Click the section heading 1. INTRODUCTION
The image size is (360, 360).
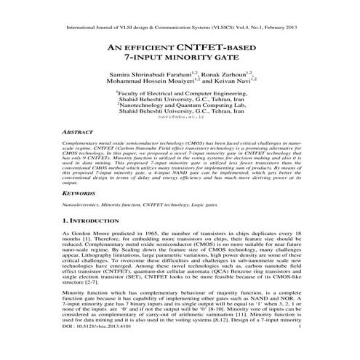coord(96,220)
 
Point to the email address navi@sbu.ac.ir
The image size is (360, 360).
coord(180,116)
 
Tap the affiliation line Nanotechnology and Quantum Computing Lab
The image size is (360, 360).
coord(180,105)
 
